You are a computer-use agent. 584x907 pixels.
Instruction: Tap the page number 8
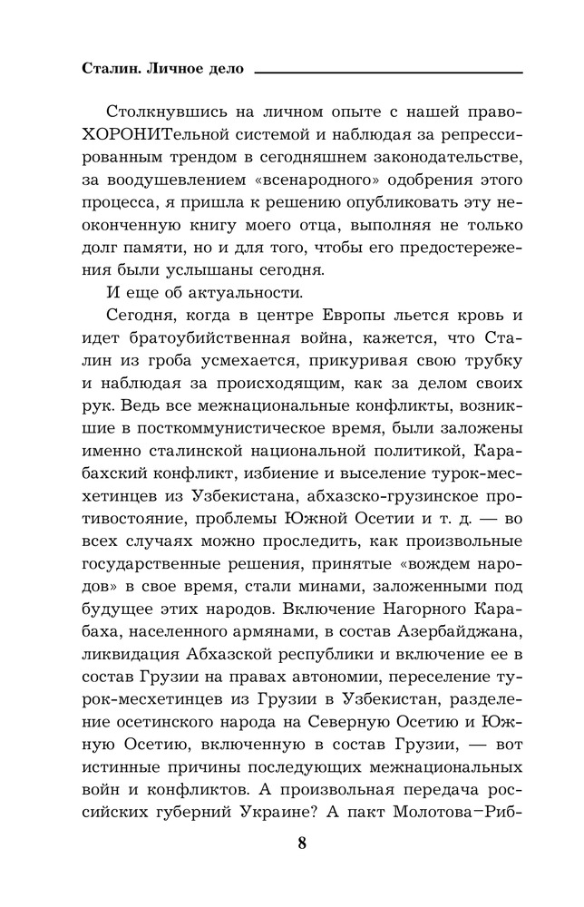302,843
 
